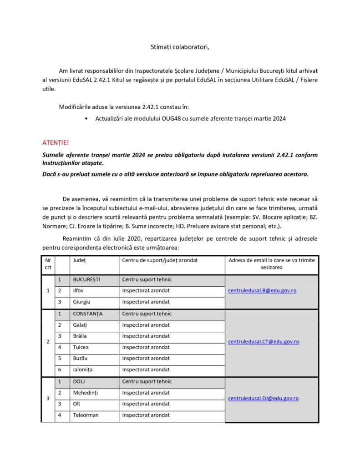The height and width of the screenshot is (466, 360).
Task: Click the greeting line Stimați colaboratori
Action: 180,47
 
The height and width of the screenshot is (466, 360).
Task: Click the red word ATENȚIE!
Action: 56,143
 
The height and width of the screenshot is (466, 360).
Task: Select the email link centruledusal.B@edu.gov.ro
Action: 262,290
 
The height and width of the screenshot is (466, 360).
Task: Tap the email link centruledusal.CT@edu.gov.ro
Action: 264,341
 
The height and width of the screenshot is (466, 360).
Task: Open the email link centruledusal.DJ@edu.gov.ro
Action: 263,398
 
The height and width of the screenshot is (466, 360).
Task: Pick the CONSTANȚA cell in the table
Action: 88,314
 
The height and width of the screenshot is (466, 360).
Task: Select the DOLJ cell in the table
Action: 80,381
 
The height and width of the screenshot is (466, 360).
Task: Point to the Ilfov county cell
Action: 79,290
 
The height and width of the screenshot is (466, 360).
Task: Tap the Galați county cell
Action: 81,325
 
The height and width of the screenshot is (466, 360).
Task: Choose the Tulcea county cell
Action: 81,347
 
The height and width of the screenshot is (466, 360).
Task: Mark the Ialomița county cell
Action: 83,370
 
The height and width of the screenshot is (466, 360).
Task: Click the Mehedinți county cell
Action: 86,392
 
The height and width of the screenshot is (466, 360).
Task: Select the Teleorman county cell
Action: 86,415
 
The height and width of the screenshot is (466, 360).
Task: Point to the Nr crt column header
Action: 48,263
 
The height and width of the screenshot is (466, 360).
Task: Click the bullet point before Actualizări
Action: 86,119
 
